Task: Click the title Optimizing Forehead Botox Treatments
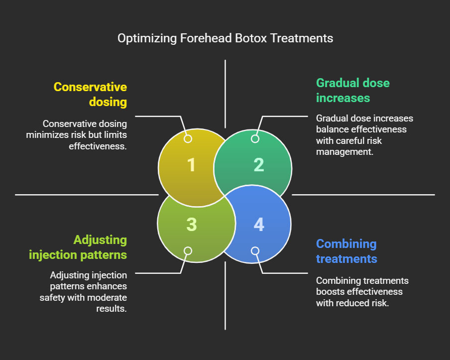[x=225, y=38]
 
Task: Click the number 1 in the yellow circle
[x=191, y=165]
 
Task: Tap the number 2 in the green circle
[x=258, y=165]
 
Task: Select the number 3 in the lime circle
[x=191, y=225]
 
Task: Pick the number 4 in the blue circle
[x=258, y=225]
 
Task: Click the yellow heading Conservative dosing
[x=90, y=95]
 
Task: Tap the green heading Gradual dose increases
[x=352, y=90]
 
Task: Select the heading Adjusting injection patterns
[x=78, y=247]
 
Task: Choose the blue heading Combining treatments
[x=346, y=251]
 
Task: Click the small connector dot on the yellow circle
[x=188, y=139]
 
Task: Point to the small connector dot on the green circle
[x=255, y=139]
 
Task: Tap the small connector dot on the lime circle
[x=188, y=251]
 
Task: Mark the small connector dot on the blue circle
[x=255, y=251]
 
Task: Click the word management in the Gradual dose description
[x=344, y=151]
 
